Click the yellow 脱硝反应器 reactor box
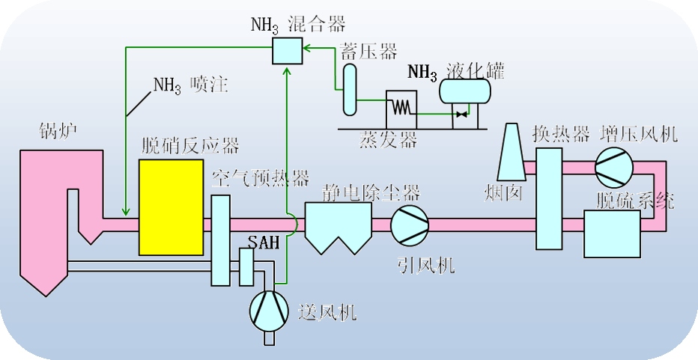point(172,207)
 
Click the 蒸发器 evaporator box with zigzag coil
point(401,111)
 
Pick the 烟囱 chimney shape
point(512,147)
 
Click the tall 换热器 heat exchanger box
point(549,198)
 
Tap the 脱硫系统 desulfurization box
point(611,234)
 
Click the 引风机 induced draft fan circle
point(410,223)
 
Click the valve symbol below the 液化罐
point(461,115)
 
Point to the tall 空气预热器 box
point(220,240)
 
